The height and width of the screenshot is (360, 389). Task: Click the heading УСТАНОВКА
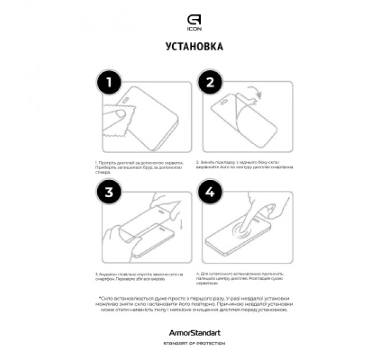click(x=194, y=46)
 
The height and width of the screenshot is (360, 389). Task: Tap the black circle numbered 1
click(x=109, y=83)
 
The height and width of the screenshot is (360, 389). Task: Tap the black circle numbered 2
click(x=209, y=83)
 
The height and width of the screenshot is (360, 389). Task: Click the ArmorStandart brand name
click(x=194, y=333)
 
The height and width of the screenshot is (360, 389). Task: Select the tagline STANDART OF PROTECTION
click(x=194, y=343)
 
